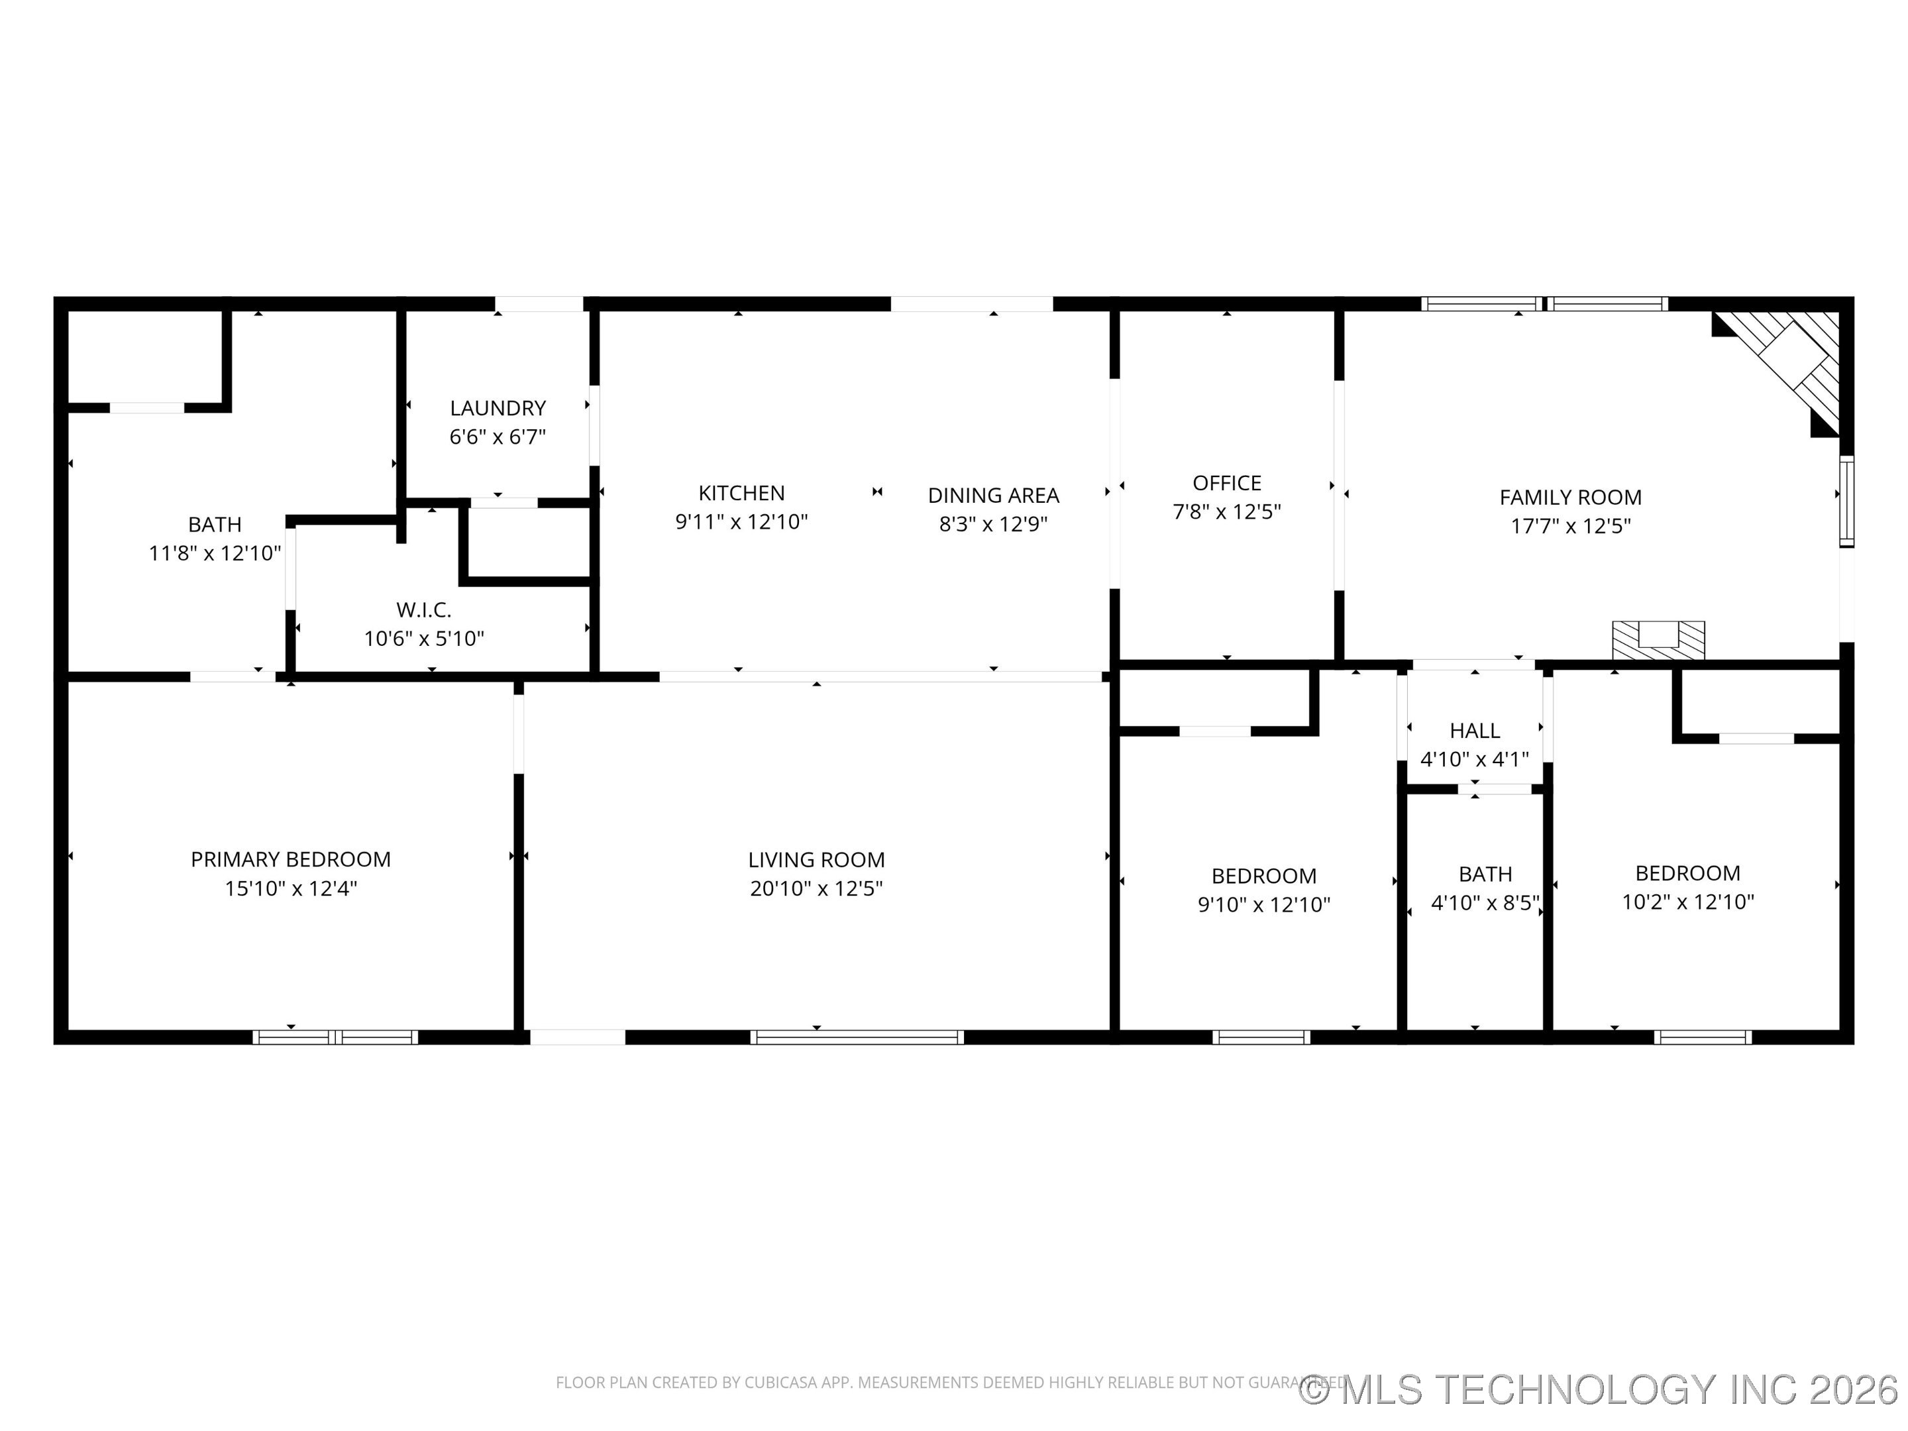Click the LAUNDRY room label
498,408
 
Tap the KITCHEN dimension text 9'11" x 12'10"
741,522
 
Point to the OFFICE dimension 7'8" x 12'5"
1226,511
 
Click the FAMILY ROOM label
1570,498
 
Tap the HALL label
1474,731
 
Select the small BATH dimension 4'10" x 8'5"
1485,903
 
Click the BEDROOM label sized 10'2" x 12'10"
1687,873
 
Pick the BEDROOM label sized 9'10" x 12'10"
1263,876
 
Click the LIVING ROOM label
816,860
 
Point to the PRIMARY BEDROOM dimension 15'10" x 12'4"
291,888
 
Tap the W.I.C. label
423,610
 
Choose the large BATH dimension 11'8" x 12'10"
215,553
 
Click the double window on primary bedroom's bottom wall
335,1037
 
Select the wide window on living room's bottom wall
857,1037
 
